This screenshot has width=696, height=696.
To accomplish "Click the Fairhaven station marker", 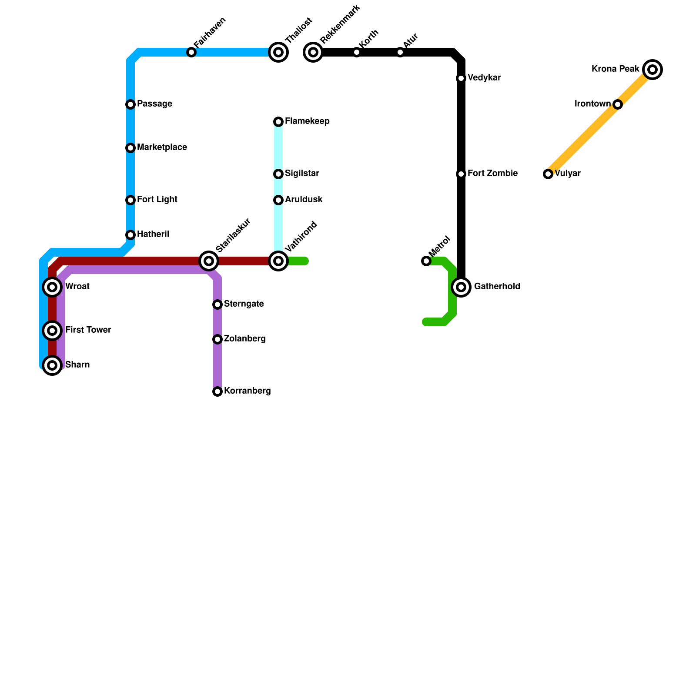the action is [x=191, y=52].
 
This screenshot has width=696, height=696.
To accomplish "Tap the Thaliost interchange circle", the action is [x=278, y=52].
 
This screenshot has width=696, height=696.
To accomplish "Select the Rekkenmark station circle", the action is [x=313, y=52].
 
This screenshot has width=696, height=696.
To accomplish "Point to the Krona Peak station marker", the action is [x=652, y=70].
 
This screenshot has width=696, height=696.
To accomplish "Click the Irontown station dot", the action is [x=618, y=104].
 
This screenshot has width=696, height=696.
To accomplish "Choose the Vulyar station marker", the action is [x=548, y=174].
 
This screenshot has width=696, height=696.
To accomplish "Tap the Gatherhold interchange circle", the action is [x=461, y=287].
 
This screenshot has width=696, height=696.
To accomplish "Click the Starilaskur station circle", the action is [x=209, y=261].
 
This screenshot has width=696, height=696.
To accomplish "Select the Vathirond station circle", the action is [x=278, y=261].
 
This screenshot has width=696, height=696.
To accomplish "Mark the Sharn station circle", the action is [x=52, y=365].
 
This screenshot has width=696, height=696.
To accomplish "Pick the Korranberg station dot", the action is [x=217, y=391].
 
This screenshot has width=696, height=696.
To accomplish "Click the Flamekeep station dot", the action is [x=278, y=122].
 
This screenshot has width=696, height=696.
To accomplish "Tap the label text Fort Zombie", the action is [x=492, y=174].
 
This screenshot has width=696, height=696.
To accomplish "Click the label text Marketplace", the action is [x=162, y=147].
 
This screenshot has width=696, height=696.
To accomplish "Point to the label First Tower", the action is [x=88, y=330].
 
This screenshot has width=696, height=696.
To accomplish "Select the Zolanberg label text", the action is [x=244, y=339].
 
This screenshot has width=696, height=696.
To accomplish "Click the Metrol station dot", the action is [x=426, y=261].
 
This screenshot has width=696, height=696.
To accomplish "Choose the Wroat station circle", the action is [x=52, y=287].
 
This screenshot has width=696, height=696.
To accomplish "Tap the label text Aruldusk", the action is [x=304, y=200].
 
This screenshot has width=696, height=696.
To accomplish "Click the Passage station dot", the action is [x=130, y=104].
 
